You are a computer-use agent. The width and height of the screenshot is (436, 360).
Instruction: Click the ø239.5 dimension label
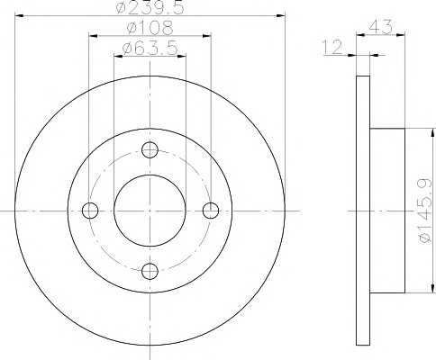pos(150,7)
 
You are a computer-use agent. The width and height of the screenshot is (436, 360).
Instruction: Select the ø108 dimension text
pos(150,28)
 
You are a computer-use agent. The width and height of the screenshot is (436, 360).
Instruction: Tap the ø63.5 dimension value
pos(150,48)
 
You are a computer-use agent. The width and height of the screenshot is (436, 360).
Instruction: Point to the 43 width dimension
pos(381,27)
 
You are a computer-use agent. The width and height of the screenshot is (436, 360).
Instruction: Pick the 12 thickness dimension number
pos(332,47)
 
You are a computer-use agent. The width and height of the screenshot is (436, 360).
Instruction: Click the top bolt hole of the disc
pos(150,150)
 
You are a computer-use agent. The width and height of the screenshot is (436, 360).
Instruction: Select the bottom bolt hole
pos(150,271)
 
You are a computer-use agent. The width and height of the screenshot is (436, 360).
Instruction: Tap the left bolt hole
pos(90,211)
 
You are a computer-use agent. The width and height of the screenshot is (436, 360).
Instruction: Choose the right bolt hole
pos(211,211)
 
